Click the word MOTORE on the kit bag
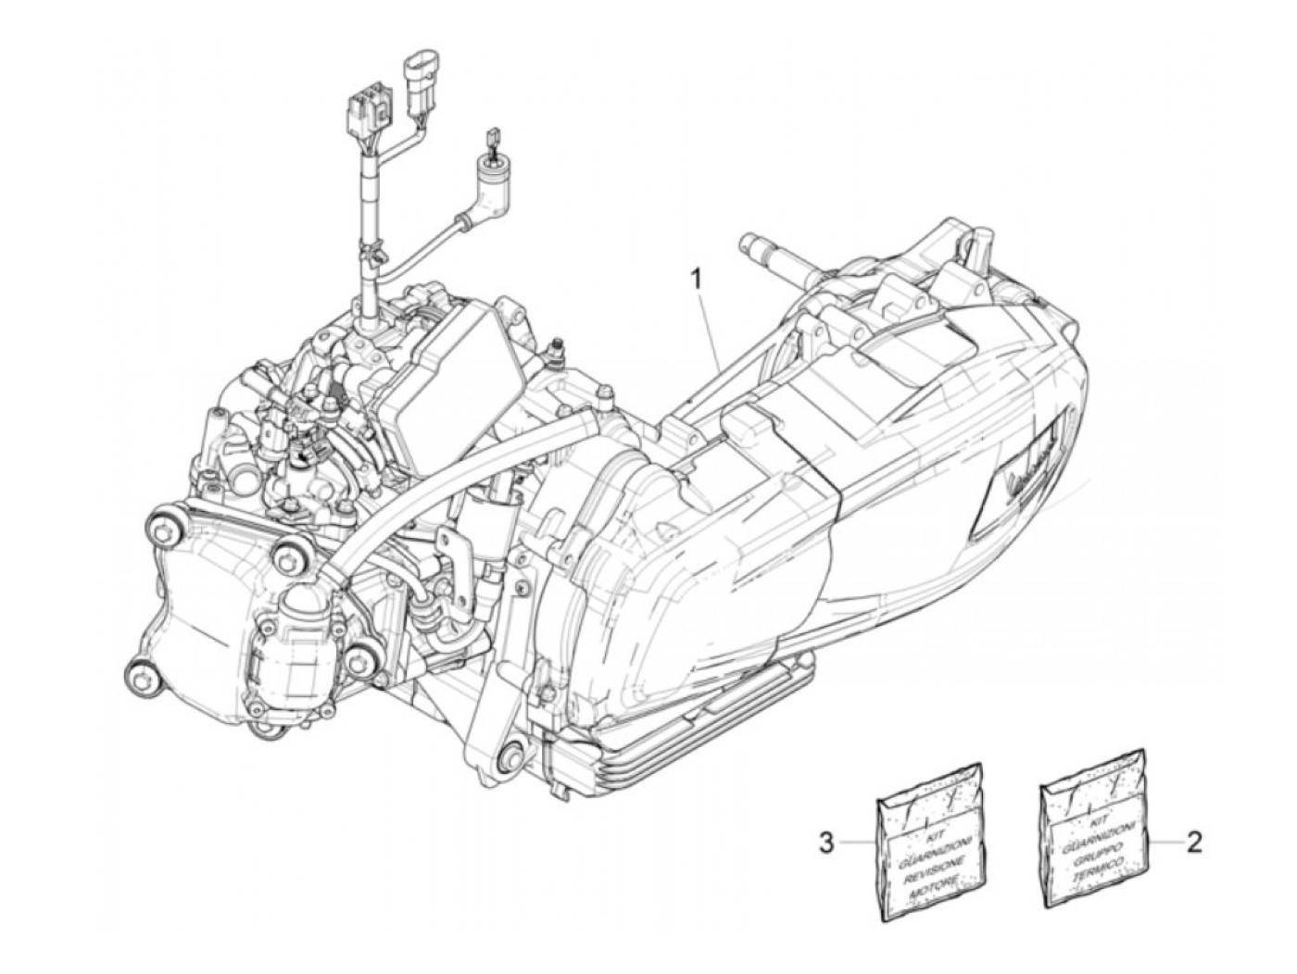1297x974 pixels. pyautogui.click(x=934, y=886)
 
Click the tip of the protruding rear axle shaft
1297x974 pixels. pyautogui.click(x=748, y=246)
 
